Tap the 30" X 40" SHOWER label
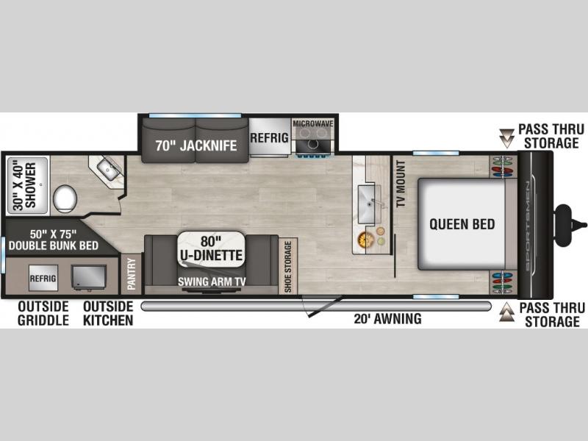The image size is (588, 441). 26,186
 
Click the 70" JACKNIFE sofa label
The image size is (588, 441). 196,146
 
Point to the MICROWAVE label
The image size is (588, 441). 313,123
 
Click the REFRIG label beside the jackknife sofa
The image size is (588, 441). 270,137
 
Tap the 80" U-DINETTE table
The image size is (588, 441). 211,249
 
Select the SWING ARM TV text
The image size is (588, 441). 212,282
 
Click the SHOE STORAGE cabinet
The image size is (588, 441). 288,266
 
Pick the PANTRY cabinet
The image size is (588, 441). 132,273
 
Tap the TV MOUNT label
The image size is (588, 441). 401,183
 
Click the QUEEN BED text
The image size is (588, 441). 462,224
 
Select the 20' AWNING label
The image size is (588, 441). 388,319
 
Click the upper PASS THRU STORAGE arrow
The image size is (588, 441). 506,138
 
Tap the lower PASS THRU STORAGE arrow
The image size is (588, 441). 506,312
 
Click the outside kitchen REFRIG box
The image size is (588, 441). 43,278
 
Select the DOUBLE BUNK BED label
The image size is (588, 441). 53,245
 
